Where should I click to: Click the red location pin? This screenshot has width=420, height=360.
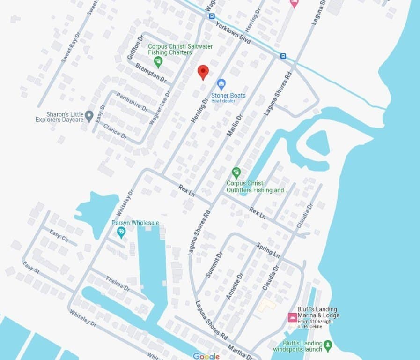tap(203, 72)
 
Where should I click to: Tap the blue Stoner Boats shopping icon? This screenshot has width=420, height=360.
tap(222, 84)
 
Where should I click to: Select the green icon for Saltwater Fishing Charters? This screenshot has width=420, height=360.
tap(158, 61)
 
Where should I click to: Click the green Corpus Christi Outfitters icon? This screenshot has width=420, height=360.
tap(236, 172)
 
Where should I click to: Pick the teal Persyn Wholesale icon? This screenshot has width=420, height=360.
tap(121, 231)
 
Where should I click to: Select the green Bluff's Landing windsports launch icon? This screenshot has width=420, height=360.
tap(328, 346)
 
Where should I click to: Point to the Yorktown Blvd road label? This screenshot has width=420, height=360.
tap(233, 33)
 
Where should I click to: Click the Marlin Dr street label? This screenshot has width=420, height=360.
tap(234, 126)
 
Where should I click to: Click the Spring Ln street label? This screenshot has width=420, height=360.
tap(268, 250)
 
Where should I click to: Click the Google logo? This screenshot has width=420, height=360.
tap(206, 356)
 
